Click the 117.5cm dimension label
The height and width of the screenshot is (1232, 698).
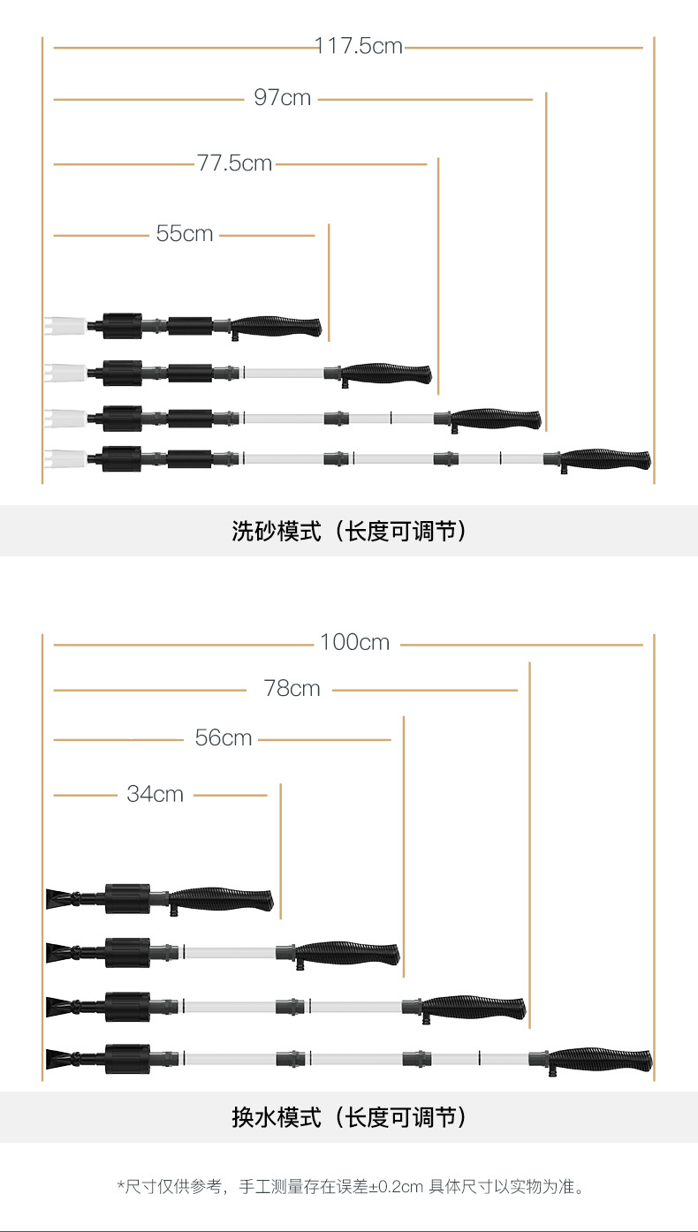coord(359,46)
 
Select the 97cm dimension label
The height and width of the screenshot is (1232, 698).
coord(283,98)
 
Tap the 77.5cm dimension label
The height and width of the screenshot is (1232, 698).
coord(234,163)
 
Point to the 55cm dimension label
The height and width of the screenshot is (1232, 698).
coord(185,234)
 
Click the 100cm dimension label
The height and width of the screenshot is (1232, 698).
coord(354,643)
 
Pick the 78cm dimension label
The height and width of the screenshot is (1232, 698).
coord(292,688)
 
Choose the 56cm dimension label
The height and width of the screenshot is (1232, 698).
coord(224,737)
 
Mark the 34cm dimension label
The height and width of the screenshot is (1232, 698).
coord(155,794)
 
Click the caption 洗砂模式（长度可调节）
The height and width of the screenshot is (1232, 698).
coord(349,531)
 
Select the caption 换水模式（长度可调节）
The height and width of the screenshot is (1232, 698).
coord(349,1117)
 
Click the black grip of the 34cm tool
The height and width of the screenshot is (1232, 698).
coord(223,900)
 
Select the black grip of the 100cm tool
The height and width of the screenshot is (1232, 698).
coord(601,1058)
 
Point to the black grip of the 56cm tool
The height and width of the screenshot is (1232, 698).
coord(348,953)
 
